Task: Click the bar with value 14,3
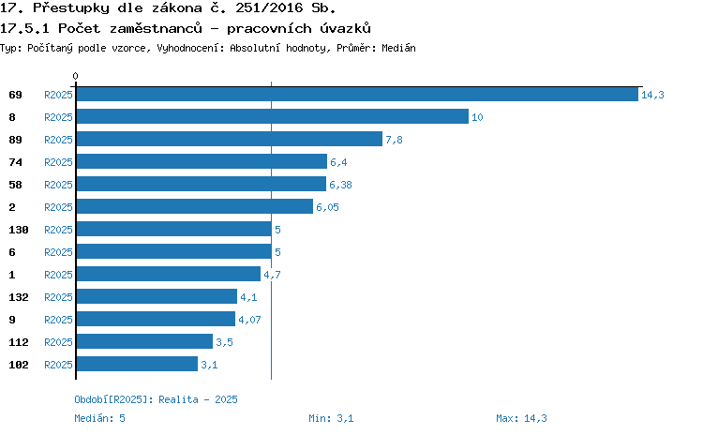pyautogui.click(x=357, y=94)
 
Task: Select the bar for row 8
pyautogui.click(x=273, y=116)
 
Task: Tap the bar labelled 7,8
pyautogui.click(x=230, y=139)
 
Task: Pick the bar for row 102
pyautogui.click(x=137, y=364)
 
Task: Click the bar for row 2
pyautogui.click(x=195, y=207)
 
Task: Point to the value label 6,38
pyautogui.click(x=341, y=185)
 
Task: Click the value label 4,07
pyautogui.click(x=249, y=320)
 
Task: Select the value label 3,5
pyautogui.click(x=225, y=342)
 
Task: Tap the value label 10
pyautogui.click(x=477, y=117)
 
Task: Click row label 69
pyautogui.click(x=15, y=95)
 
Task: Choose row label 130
pyautogui.click(x=19, y=230)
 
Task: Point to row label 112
pyautogui.click(x=19, y=342)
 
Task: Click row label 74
pyautogui.click(x=15, y=162)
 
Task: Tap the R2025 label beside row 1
pyautogui.click(x=58, y=275)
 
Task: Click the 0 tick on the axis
pyautogui.click(x=75, y=76)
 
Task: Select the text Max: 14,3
pyautogui.click(x=521, y=418)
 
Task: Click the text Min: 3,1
pyautogui.click(x=331, y=418)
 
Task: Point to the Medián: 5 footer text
pyautogui.click(x=99, y=418)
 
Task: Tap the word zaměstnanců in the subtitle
pyautogui.click(x=156, y=28)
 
